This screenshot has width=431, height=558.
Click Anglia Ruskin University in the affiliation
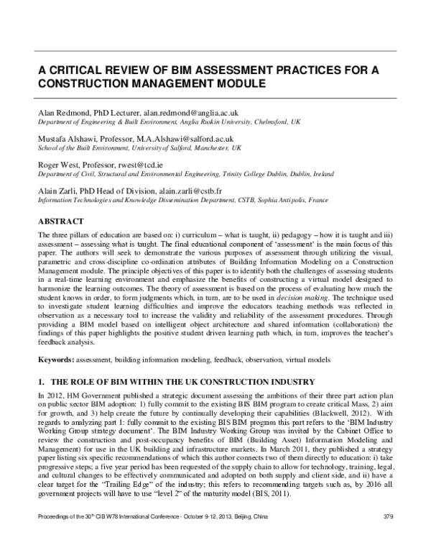tap(226, 122)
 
